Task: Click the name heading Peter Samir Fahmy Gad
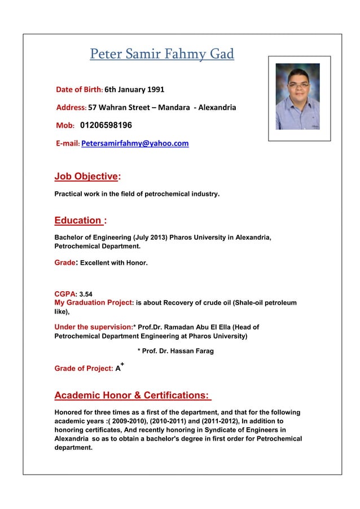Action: tap(161, 55)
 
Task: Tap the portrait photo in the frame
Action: tap(297, 96)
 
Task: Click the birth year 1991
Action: tap(155, 89)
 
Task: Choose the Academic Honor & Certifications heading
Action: tap(131, 395)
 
